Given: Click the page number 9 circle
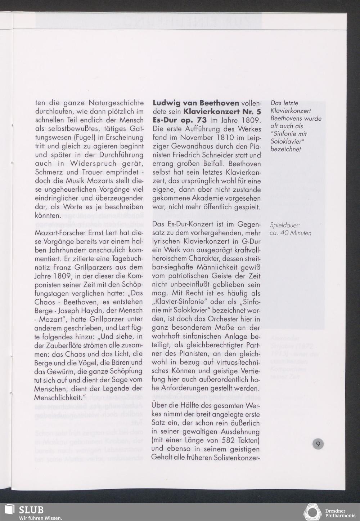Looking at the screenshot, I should pyautogui.click(x=318, y=444).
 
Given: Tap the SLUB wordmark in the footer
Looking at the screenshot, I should pyautogui.click(x=31, y=509).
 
